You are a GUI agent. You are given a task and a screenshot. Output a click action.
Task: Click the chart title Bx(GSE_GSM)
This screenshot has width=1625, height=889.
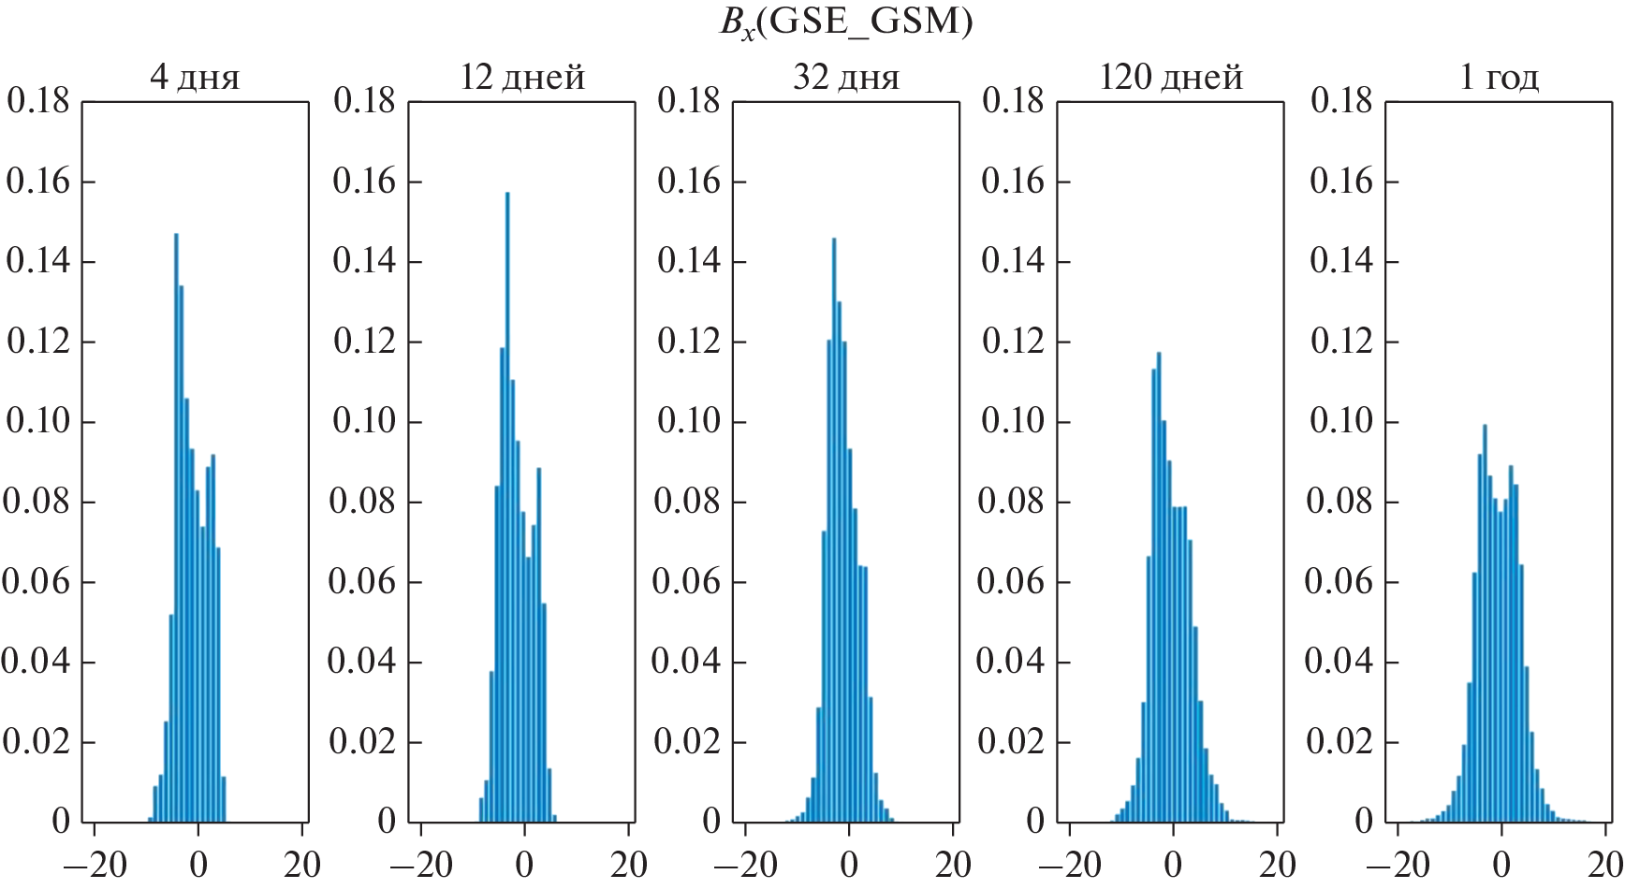click(845, 22)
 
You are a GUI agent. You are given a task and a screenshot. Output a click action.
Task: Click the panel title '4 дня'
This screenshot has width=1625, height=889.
click(195, 77)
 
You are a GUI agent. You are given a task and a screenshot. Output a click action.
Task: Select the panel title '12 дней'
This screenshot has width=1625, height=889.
click(522, 77)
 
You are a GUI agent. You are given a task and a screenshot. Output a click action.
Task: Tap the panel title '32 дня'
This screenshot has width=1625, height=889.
click(846, 77)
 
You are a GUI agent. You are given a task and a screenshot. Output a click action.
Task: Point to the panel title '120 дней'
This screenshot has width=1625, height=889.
click(1171, 77)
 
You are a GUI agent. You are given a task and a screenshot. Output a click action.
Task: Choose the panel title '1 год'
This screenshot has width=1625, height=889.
click(1499, 77)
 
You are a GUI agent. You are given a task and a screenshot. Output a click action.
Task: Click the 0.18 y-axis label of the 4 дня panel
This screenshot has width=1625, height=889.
click(38, 101)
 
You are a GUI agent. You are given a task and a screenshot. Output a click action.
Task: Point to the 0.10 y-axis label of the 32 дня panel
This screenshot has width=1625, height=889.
click(689, 421)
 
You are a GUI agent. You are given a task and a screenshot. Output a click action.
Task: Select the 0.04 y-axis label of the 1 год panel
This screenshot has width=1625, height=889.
click(1340, 662)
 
